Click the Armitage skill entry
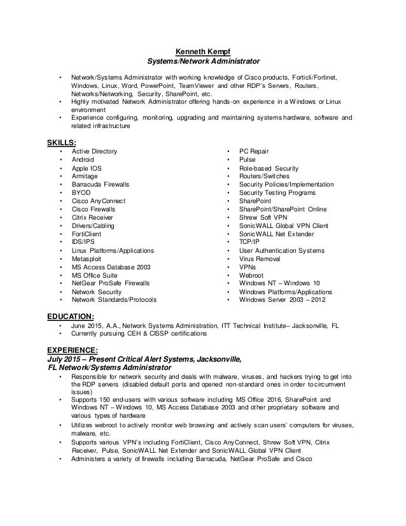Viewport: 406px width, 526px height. [x=85, y=176]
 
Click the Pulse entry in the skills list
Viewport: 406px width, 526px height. [x=248, y=159]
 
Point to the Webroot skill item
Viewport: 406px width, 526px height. [x=251, y=275]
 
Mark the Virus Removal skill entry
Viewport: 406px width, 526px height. [x=261, y=259]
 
